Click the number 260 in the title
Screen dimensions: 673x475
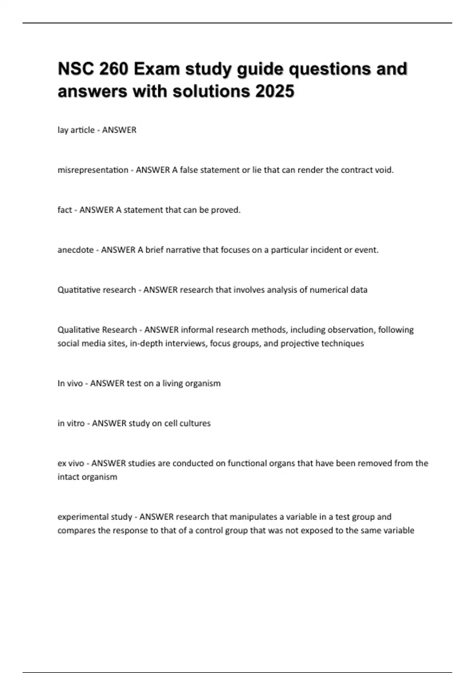pos(114,69)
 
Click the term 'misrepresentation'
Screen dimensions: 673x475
pos(93,170)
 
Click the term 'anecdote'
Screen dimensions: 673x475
pos(76,250)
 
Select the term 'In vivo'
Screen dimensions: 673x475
pos(70,384)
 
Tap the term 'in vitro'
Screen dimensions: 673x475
pos(71,424)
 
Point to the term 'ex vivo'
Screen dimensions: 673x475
pos(71,464)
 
